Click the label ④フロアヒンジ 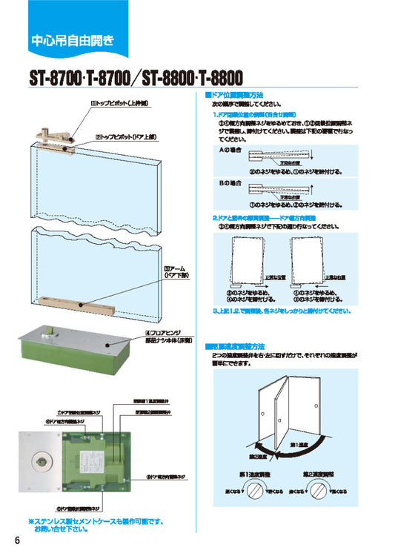pyautogui.click(x=178, y=334)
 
